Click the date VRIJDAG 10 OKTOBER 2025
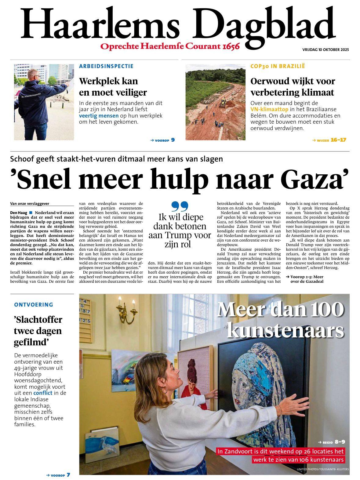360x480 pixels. (325, 49)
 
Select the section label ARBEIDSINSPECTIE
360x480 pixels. (106, 66)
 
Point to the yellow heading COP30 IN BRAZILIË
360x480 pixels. (278, 66)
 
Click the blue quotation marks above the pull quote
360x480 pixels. (180, 206)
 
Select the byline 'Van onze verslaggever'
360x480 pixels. (30, 204)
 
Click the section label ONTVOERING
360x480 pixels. (34, 305)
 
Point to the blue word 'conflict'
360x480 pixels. (43, 393)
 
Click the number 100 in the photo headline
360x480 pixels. (326, 310)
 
